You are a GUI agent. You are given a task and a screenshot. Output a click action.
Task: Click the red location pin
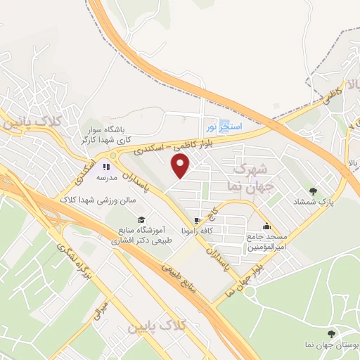point(181,166)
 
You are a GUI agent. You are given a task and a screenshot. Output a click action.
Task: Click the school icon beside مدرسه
point(107,167)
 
